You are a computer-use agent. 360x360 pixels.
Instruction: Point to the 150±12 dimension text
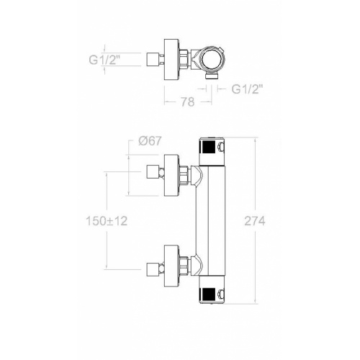coord(105,221)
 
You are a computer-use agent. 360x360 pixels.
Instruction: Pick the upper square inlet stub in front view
coord(153,172)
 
